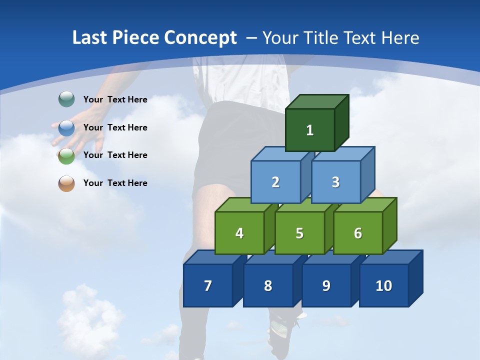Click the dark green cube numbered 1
(x=310, y=130)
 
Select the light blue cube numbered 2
(x=275, y=182)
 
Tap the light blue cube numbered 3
(x=335, y=182)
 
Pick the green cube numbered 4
(x=239, y=233)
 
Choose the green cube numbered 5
(x=299, y=233)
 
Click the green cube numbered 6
(x=358, y=233)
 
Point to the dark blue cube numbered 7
(x=208, y=285)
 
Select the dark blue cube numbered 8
(x=268, y=285)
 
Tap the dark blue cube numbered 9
(x=326, y=285)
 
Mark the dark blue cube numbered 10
(x=384, y=285)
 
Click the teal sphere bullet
(x=66, y=99)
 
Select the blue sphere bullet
(x=66, y=128)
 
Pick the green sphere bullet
(x=66, y=156)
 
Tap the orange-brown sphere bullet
(x=66, y=183)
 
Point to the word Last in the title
(x=91, y=38)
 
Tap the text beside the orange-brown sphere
(x=115, y=183)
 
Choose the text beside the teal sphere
(x=115, y=99)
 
